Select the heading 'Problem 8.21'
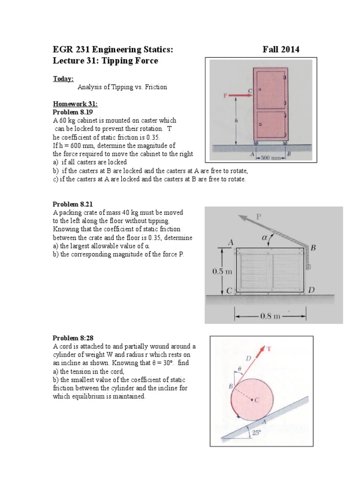(69, 204)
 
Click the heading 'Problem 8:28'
(69, 338)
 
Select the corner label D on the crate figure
(312, 291)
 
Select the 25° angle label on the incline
(256, 433)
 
